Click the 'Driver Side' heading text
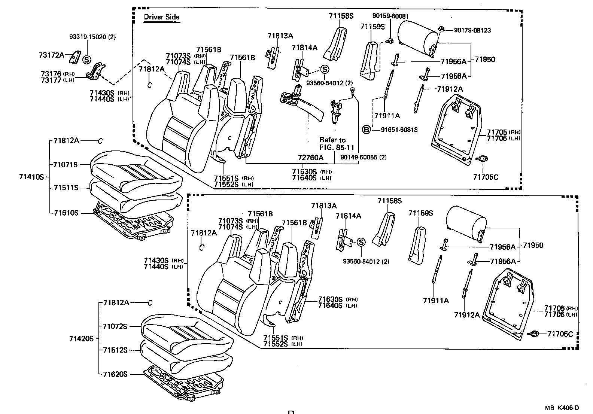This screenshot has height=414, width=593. (x=162, y=17)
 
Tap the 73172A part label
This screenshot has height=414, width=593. (x=51, y=55)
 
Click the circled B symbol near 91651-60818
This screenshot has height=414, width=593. (x=367, y=130)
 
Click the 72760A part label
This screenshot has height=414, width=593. (x=310, y=158)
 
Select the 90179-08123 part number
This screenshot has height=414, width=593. (x=472, y=30)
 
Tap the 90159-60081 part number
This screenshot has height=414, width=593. (x=390, y=16)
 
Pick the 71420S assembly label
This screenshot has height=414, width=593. (x=81, y=339)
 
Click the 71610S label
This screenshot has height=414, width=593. (x=66, y=213)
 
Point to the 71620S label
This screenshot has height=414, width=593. (x=115, y=374)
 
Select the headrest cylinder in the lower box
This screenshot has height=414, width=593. (x=466, y=224)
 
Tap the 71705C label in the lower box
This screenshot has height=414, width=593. (x=560, y=334)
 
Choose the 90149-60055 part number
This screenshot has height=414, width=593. (x=364, y=158)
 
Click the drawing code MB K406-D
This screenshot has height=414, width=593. (x=562, y=408)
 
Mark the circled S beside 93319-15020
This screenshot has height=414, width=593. (x=86, y=59)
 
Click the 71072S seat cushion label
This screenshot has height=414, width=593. (x=115, y=326)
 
